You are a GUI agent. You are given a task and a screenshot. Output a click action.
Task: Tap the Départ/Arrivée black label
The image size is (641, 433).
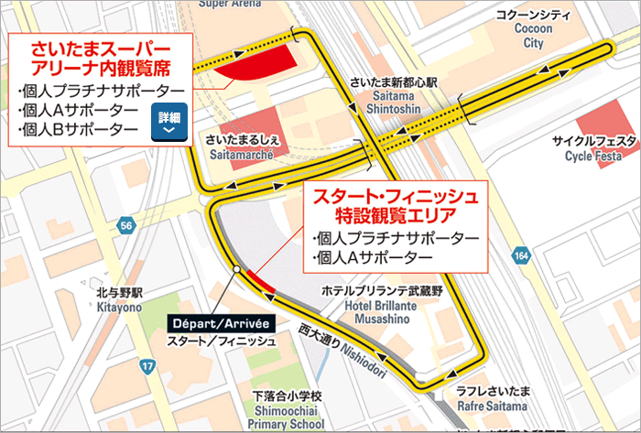(x=220, y=323)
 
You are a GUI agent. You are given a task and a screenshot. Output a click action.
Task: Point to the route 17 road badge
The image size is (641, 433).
(x=147, y=367)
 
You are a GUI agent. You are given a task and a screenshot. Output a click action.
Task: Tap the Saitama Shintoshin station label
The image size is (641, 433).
(x=394, y=103)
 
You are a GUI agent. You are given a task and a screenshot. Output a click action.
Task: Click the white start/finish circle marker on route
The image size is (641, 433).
(x=236, y=269)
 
